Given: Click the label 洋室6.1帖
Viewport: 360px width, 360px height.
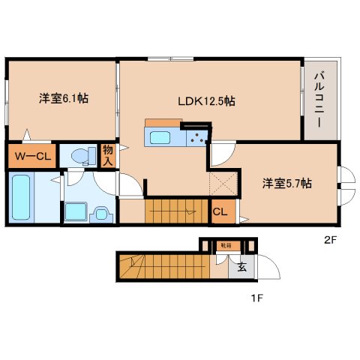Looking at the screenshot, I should pyautogui.click(x=63, y=98).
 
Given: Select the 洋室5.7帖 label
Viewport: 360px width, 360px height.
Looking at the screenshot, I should pyautogui.click(x=286, y=182).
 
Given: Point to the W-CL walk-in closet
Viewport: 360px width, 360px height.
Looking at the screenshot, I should pyautogui.click(x=29, y=157).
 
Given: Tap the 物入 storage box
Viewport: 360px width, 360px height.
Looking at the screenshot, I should pyautogui.click(x=107, y=156).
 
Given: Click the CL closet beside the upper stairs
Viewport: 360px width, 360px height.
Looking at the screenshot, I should pyautogui.click(x=220, y=211).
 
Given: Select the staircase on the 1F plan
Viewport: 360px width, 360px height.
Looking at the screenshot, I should pyautogui.click(x=161, y=265).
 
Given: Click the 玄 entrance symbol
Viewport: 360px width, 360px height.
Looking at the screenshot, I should pyautogui.click(x=243, y=265).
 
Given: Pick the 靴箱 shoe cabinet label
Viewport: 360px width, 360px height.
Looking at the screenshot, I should pyautogui.click(x=226, y=245).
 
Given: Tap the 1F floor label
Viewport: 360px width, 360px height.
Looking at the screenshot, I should pyautogui.click(x=256, y=298).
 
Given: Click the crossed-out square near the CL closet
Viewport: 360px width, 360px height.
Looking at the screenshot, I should pyautogui.click(x=223, y=184).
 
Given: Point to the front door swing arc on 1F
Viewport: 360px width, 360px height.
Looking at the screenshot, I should pyautogui.click(x=268, y=271).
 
